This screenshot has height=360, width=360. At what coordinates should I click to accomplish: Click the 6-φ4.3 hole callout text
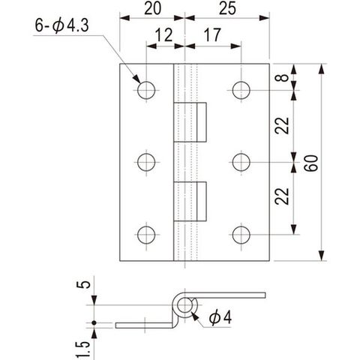61,25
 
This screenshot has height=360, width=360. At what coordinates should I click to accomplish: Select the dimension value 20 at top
152,8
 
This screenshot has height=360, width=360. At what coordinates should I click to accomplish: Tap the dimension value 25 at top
227,8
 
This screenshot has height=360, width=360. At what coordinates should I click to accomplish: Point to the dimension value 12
164,34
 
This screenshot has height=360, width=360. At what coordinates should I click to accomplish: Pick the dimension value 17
212,34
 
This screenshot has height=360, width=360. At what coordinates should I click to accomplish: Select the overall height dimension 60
311,163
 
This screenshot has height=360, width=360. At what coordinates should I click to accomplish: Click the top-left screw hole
146,90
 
